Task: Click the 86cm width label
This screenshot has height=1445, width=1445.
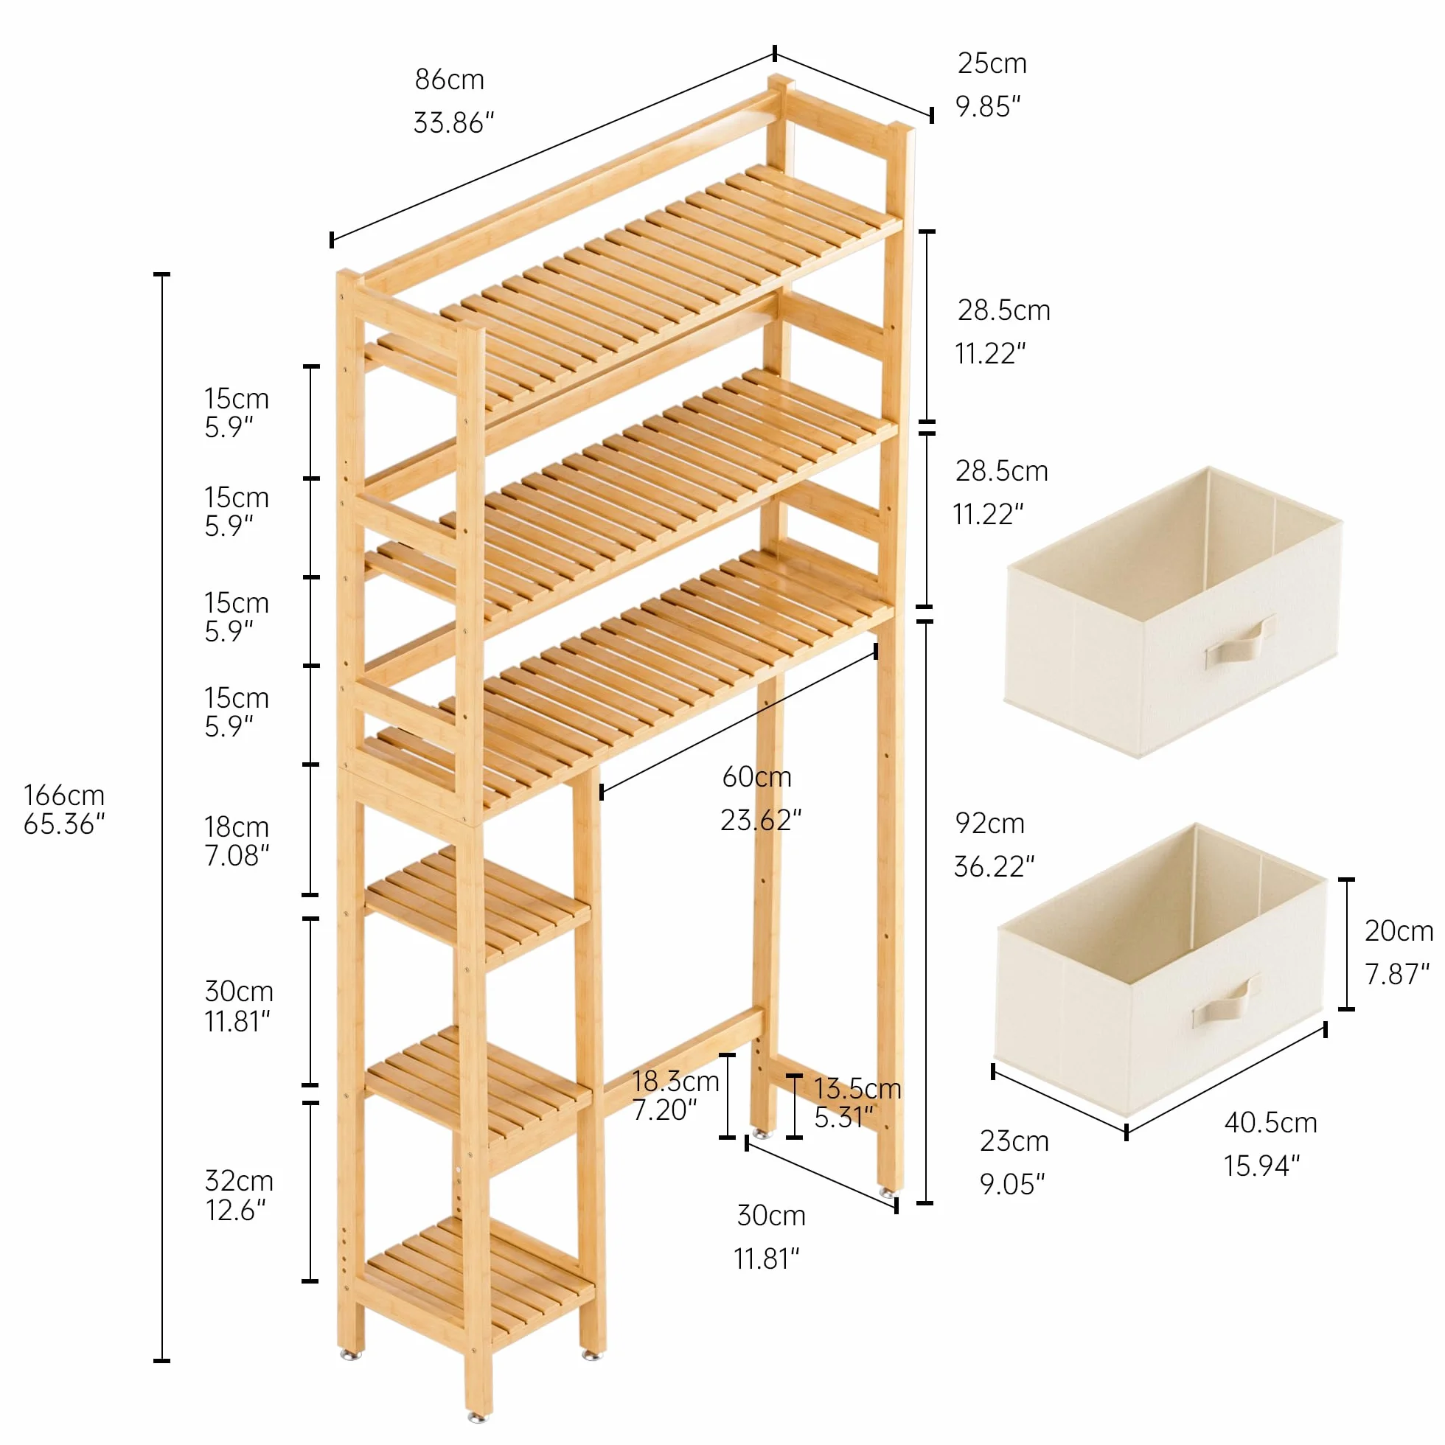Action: tap(450, 80)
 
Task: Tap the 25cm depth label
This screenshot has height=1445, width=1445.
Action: tap(992, 63)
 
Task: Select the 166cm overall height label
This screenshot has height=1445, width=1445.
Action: tap(63, 795)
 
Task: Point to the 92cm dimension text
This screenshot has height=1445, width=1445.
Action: tap(989, 824)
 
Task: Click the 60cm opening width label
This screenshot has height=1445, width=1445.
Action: tap(756, 777)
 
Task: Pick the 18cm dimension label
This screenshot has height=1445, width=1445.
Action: tap(237, 827)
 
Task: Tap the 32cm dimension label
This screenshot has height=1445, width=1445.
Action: tap(239, 1181)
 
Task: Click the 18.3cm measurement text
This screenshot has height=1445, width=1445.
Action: tap(675, 1082)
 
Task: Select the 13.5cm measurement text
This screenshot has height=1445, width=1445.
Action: tap(857, 1088)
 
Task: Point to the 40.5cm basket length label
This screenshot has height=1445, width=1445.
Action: tap(1271, 1123)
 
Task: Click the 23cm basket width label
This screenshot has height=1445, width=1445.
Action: tap(1014, 1141)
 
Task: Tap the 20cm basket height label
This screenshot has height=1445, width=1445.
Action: tap(1399, 931)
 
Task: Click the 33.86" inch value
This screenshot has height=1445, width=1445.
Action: tap(454, 122)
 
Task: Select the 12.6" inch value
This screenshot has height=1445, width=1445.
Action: tap(236, 1210)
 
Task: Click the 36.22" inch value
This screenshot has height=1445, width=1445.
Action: tap(994, 867)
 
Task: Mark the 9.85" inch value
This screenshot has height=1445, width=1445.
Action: tap(988, 107)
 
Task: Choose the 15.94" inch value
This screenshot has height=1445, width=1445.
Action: tap(1261, 1166)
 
